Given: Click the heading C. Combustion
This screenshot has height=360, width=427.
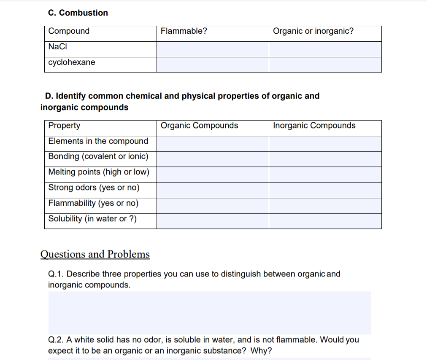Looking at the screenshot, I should click(78, 13).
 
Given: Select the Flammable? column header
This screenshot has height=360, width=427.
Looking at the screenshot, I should click(184, 31).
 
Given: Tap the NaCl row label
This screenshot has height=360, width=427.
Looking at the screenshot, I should click(58, 47).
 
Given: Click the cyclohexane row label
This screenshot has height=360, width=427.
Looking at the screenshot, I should click(72, 62).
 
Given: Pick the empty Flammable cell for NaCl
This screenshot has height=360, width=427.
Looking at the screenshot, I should click(213, 49).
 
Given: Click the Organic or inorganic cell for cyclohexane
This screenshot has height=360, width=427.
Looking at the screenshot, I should click(325, 65).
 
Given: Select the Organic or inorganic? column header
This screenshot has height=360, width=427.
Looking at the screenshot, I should click(313, 31).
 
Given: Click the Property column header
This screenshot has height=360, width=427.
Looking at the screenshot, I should click(64, 126).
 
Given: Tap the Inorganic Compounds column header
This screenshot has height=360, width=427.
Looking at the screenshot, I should click(314, 126).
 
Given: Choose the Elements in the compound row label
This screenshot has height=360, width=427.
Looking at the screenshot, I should click(98, 141).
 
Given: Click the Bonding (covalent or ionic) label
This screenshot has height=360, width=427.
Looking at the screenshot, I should click(98, 156).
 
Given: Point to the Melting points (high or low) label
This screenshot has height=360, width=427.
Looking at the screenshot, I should click(99, 172).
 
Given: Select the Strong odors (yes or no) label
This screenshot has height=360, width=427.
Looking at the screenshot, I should click(94, 188).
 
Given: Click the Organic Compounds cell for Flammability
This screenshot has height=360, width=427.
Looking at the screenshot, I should click(213, 206).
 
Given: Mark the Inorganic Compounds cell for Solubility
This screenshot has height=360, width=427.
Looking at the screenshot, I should click(325, 221).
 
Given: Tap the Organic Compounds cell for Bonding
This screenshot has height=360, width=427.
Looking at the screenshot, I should click(213, 159).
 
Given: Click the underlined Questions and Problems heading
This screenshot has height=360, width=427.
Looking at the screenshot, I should click(95, 254).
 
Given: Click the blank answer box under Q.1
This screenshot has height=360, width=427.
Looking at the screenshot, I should click(210, 312).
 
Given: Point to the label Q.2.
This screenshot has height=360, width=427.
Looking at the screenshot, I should click(55, 340).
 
